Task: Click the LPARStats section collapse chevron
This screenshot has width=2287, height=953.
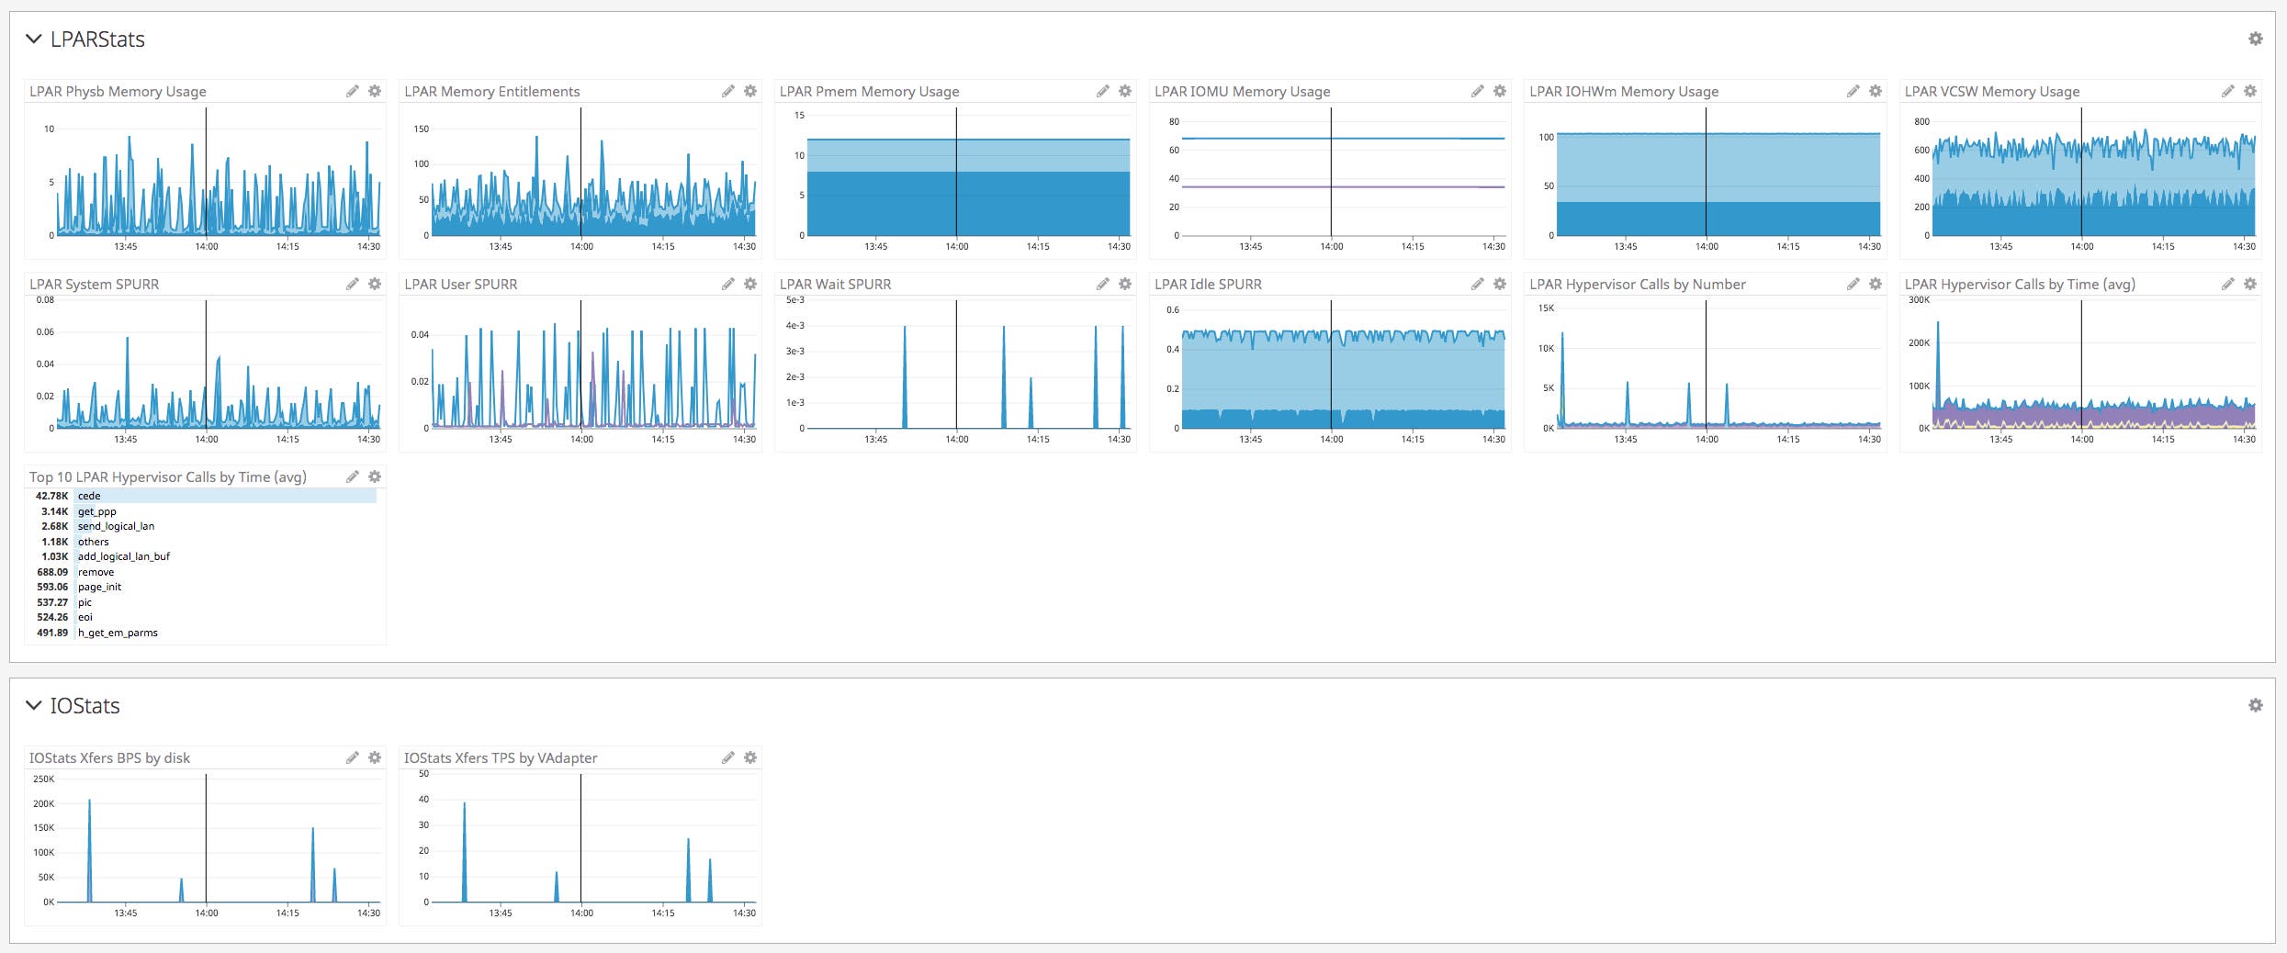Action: [34, 39]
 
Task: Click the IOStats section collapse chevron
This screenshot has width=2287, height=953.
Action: [34, 705]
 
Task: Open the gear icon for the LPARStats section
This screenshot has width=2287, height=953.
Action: [2255, 39]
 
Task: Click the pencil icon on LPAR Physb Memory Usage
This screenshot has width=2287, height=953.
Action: [352, 91]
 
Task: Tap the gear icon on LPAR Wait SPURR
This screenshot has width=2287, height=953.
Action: [1124, 284]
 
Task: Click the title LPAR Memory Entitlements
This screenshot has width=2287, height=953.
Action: [491, 91]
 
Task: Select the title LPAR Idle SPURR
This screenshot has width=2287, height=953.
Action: [1208, 284]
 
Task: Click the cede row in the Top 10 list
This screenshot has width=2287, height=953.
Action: [89, 496]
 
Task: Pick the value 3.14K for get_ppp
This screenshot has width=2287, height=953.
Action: [54, 511]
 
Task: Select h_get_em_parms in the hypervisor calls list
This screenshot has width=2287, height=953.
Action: [118, 633]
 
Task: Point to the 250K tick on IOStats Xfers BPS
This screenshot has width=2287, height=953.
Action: [44, 779]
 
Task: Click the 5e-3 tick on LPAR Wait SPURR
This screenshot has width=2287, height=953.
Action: [795, 299]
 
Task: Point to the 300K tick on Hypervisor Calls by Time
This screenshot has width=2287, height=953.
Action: [1919, 299]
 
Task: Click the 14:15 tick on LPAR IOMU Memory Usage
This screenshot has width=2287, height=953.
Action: [1413, 246]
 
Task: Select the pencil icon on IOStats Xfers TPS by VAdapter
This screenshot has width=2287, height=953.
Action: [727, 757]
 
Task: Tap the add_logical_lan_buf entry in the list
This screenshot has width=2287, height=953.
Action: [124, 556]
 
